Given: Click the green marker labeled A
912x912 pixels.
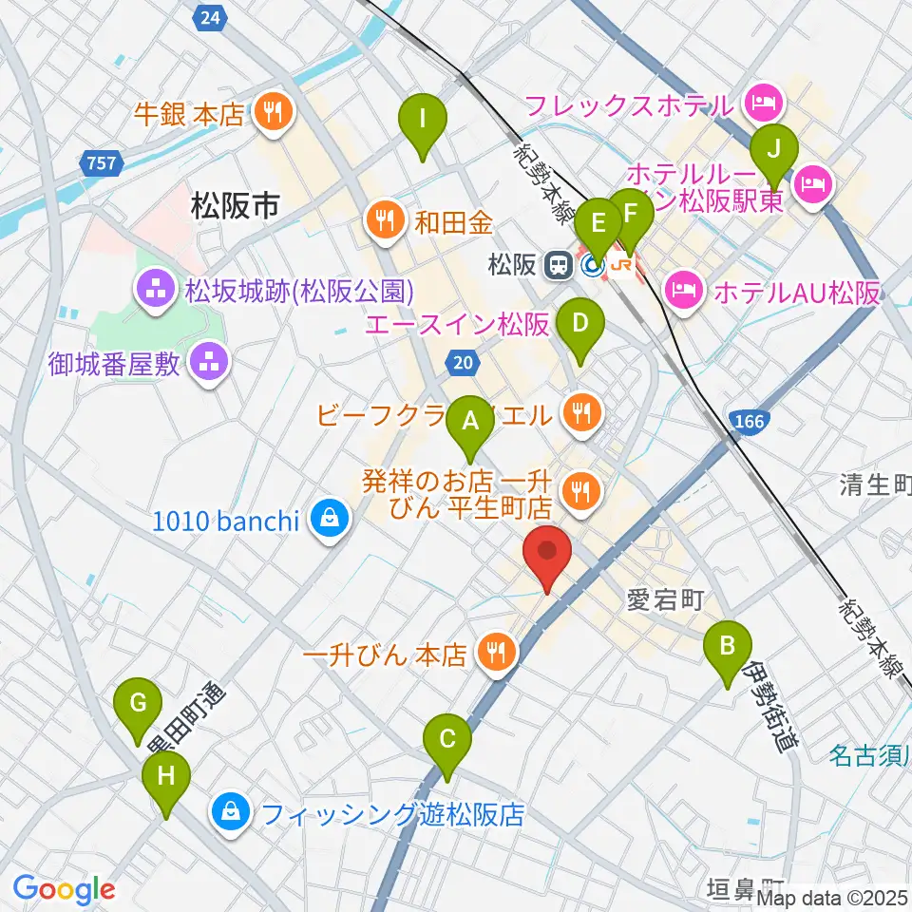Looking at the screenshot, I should (x=469, y=421).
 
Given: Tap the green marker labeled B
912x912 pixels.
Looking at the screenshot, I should (x=727, y=649).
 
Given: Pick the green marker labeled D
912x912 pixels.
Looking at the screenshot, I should (x=581, y=326).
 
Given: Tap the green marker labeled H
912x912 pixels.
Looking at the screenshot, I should (x=166, y=778).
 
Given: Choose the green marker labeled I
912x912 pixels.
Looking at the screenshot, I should (x=424, y=123).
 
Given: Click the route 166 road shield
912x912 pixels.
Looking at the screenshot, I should (x=750, y=420).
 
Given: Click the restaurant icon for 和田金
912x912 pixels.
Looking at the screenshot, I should (x=384, y=222).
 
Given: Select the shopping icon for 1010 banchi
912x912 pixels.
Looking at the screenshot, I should (x=328, y=520).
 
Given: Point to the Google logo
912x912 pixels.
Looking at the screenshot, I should (x=63, y=890).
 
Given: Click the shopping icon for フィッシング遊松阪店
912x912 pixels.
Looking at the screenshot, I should (x=231, y=813).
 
